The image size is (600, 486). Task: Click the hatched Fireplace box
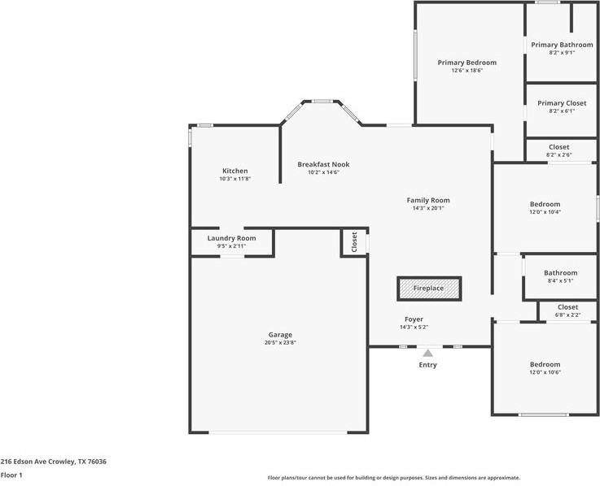click(429, 289)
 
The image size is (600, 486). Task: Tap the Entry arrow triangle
click(427, 353)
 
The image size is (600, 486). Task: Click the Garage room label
click(280, 335)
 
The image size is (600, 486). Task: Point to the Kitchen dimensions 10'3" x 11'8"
click(235, 179)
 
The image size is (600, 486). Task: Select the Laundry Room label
click(231, 238)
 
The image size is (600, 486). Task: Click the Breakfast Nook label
click(323, 164)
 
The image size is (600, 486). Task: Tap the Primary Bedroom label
click(466, 63)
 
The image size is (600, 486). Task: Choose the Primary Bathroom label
click(562, 45)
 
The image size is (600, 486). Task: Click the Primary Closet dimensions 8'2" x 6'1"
click(562, 111)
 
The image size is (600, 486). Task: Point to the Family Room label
click(427, 200)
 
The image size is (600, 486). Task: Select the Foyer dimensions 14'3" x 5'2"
click(414, 327)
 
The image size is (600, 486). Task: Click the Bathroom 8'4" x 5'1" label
click(561, 273)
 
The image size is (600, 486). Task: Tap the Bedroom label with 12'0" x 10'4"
click(545, 204)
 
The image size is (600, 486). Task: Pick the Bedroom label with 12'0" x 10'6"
click(545, 364)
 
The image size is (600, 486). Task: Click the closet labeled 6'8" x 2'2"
click(568, 307)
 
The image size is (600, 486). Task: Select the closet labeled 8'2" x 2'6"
click(558, 147)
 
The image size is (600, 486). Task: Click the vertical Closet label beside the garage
click(354, 242)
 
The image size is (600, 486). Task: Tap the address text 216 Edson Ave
click(29, 462)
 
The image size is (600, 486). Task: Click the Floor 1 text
click(11, 475)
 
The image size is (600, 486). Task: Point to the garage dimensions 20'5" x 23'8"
click(280, 343)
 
